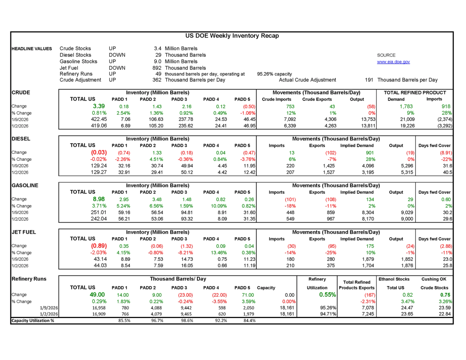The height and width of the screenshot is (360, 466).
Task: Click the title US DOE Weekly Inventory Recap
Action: click(x=232, y=36)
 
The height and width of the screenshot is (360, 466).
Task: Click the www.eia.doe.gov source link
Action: click(x=393, y=62)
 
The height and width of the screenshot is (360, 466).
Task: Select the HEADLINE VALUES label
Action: click(x=31, y=49)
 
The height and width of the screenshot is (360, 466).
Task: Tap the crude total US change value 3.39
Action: click(x=99, y=106)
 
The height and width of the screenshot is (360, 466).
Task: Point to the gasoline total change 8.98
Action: click(x=99, y=199)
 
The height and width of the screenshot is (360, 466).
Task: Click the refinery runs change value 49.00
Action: click(x=97, y=295)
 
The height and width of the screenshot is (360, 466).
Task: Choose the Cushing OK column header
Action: click(x=435, y=279)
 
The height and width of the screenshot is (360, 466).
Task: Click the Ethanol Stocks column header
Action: click(x=394, y=279)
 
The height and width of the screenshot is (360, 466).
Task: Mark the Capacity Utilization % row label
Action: click(x=33, y=320)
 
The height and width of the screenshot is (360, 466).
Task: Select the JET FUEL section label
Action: click(x=24, y=232)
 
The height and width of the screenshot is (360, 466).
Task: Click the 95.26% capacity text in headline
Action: click(x=274, y=74)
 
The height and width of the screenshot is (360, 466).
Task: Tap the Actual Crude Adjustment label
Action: click(x=308, y=80)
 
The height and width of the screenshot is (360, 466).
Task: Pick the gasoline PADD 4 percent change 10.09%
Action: click(x=210, y=206)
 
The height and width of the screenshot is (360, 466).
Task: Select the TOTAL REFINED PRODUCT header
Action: click(x=415, y=92)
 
